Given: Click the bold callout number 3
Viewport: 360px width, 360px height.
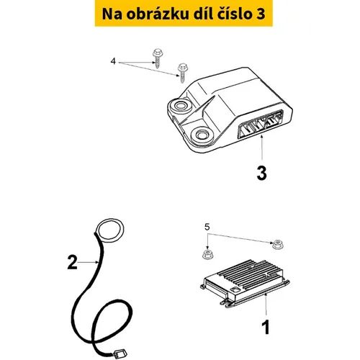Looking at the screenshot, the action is [261, 174].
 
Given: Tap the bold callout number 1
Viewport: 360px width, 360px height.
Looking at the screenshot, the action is [266, 328].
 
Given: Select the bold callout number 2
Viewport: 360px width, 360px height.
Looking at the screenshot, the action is [72, 262].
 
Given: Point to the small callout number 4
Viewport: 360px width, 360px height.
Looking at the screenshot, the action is [113, 61].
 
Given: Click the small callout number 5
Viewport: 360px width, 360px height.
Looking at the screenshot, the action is [207, 227].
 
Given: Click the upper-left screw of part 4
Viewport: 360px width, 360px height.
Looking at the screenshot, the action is [157, 58].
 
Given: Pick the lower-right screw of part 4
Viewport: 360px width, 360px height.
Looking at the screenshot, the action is [183, 73].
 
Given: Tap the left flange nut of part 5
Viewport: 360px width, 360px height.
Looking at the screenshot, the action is [207, 254].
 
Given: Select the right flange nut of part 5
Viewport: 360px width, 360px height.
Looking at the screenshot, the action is [277, 244].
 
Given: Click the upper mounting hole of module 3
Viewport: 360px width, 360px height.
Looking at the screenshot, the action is [179, 106].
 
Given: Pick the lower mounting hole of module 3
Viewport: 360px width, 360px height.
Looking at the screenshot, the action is [202, 135].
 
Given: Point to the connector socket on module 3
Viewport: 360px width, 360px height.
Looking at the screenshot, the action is [260, 124].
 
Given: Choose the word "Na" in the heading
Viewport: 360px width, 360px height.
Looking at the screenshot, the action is [112, 14].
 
